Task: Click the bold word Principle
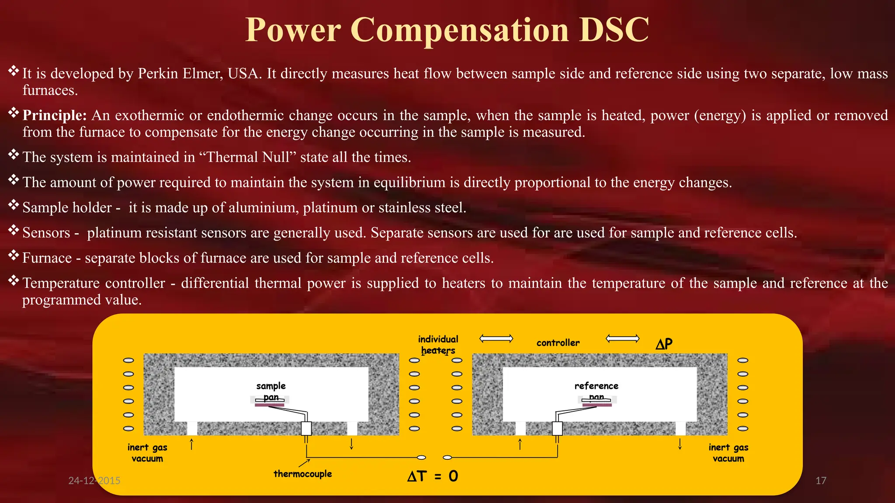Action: point(55,115)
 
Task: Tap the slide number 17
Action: point(821,481)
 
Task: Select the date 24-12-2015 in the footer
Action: point(94,481)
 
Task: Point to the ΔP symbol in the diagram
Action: point(664,344)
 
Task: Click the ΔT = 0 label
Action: point(433,476)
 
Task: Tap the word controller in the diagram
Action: point(558,343)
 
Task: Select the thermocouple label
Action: point(302,474)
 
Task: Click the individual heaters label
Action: point(438,345)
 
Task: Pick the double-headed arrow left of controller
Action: point(496,338)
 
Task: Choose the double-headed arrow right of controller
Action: point(623,338)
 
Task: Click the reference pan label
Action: point(597,391)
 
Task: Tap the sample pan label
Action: point(271,391)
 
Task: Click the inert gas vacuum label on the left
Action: point(147,453)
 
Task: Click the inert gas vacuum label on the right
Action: point(728,453)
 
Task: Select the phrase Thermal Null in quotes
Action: point(248,157)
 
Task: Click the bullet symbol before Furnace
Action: point(14,255)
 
